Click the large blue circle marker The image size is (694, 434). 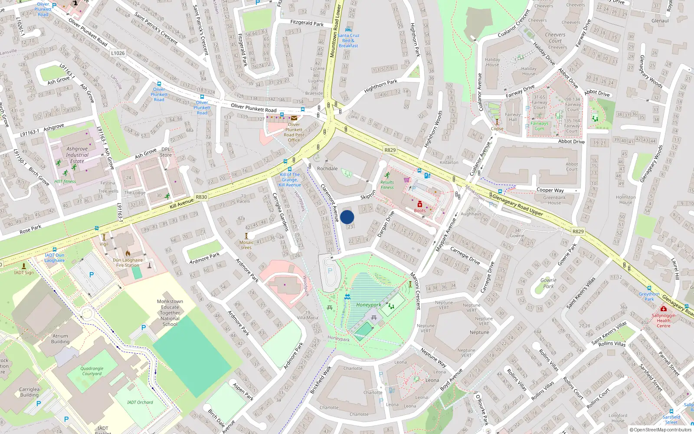click(347, 217)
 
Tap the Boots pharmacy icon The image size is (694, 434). click(419, 204)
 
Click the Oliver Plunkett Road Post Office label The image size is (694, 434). click(294, 132)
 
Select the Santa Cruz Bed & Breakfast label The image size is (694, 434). click(348, 40)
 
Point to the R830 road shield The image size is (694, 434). click(201, 197)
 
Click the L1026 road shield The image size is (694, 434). click(118, 53)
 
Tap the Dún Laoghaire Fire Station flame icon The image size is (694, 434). click(128, 253)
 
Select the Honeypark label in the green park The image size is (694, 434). click(368, 305)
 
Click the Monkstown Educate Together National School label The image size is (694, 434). click(170, 312)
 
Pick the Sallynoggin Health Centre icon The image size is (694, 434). click(663, 309)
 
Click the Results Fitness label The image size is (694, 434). click(387, 185)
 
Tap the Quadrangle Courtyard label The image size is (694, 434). click(92, 371)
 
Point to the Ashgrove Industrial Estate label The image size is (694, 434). click(77, 155)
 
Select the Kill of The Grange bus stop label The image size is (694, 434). click(290, 180)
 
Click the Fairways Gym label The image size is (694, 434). click(539, 126)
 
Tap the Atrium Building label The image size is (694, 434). click(60, 339)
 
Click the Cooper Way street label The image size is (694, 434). click(550, 190)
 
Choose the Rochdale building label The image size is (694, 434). click(327, 168)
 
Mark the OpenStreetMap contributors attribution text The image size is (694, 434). click(660, 430)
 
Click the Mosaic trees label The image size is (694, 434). click(246, 245)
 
